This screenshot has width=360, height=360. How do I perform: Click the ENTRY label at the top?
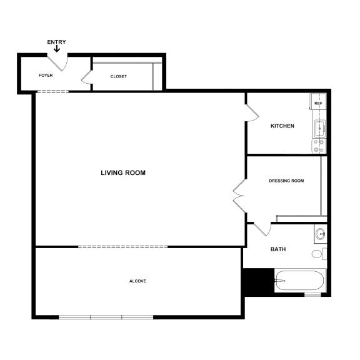[x=56, y=42]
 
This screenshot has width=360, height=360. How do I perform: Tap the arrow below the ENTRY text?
[x=57, y=49]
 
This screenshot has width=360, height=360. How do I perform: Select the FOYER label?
[x=46, y=76]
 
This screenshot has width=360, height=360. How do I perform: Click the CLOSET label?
[x=119, y=76]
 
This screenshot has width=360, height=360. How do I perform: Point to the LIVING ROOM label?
[x=123, y=172]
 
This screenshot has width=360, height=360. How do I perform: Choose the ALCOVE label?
[x=137, y=281]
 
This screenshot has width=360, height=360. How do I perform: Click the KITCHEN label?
[x=282, y=126]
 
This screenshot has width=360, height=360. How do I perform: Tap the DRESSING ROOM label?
[x=286, y=181]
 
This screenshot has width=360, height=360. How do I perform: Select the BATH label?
[x=278, y=249]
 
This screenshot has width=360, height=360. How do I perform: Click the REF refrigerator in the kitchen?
[x=318, y=103]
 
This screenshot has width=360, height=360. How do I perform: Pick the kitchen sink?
[x=319, y=129]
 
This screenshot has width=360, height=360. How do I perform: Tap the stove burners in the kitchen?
[x=319, y=146]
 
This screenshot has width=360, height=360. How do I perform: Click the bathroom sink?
[x=320, y=234]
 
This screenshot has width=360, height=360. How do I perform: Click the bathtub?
[x=299, y=281]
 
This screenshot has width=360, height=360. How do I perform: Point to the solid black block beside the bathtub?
[x=257, y=281]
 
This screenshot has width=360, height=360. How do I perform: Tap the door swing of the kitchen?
[x=252, y=112]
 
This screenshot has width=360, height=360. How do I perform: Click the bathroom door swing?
[x=262, y=229]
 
